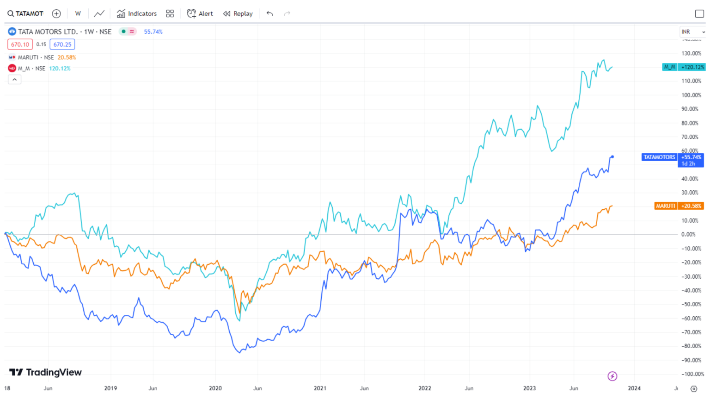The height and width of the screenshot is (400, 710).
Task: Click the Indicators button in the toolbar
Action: pos(137,13)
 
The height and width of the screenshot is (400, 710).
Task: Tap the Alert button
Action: pos(200,13)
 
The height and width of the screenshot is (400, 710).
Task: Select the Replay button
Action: pos(238,13)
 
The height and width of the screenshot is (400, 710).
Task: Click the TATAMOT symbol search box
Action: pos(26,13)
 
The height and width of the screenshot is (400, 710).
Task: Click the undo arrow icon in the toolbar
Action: pos(270,13)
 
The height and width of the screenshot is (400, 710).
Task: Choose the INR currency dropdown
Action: pos(692,31)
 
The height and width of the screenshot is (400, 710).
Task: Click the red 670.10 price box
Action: pos(20,44)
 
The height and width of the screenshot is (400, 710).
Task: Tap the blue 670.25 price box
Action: pos(62,44)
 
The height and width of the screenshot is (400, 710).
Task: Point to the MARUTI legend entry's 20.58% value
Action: pos(67,57)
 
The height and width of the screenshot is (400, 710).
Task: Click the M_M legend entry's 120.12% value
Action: pos(60,69)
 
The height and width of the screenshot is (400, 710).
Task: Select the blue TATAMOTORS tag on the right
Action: pos(659,157)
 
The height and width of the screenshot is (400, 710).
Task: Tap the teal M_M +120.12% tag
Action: pos(684,67)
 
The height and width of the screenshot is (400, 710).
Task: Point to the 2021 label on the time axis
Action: pos(320,388)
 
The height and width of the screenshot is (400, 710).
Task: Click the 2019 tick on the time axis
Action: pos(110,388)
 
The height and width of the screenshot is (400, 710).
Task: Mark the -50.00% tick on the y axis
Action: pos(691,304)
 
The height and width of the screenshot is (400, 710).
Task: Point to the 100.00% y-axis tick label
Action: pos(691,95)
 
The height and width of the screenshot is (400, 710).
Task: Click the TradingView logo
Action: pos(45,372)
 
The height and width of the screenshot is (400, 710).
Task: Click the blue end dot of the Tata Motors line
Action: pos(612,156)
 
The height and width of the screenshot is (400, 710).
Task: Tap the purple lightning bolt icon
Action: pos(612,376)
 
